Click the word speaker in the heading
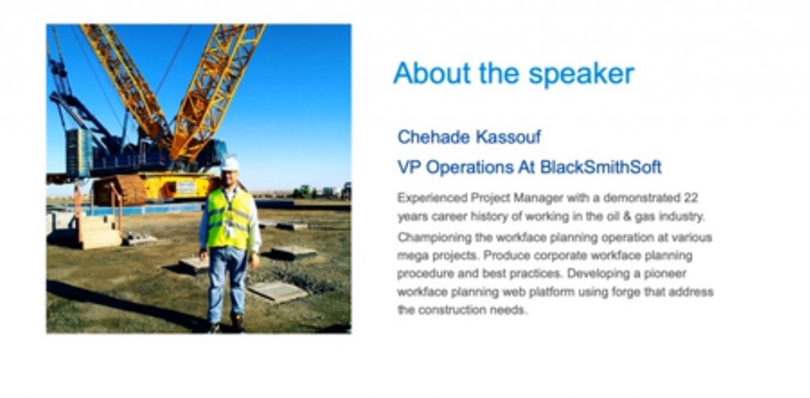581,74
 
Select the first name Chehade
433,137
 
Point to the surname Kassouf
508,137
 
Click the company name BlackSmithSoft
601,168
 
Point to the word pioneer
669,274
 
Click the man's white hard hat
230,163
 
